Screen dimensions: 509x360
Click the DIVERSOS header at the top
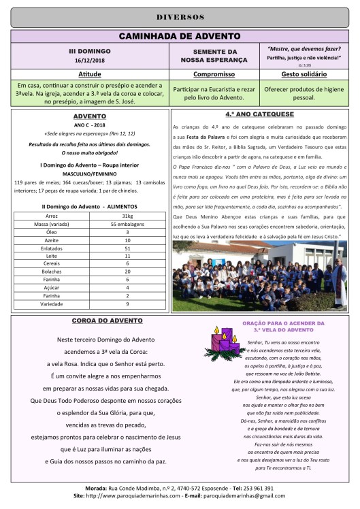[x=180, y=16]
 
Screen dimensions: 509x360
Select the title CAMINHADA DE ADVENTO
[x=180, y=35]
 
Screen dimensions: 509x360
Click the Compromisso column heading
[x=214, y=73]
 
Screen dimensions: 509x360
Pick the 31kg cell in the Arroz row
[x=127, y=234]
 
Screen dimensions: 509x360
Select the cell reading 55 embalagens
[x=127, y=242]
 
